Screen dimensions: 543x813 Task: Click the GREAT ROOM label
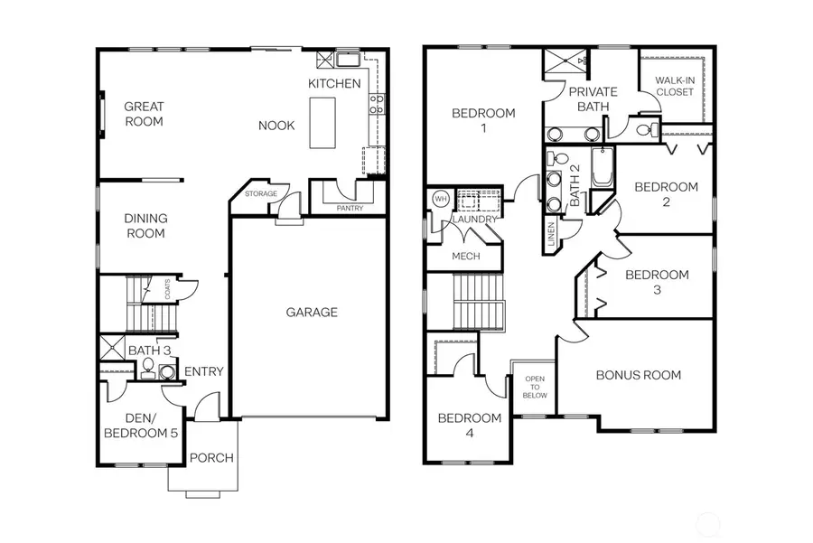click(x=144, y=114)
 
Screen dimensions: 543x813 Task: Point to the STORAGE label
click(x=261, y=194)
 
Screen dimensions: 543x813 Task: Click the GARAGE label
click(x=312, y=313)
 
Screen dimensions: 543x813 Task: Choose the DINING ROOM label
click(x=145, y=226)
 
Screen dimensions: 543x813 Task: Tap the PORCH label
click(x=211, y=458)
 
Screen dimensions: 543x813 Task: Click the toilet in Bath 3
click(x=147, y=366)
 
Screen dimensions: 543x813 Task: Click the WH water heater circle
click(x=441, y=199)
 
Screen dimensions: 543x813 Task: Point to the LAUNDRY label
click(x=475, y=220)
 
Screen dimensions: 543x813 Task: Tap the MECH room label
click(x=465, y=256)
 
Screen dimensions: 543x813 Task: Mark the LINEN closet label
click(x=552, y=237)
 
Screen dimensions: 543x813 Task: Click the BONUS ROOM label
click(x=639, y=375)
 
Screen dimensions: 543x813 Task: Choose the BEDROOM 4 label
click(x=469, y=425)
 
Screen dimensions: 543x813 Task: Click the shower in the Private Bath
click(x=565, y=65)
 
